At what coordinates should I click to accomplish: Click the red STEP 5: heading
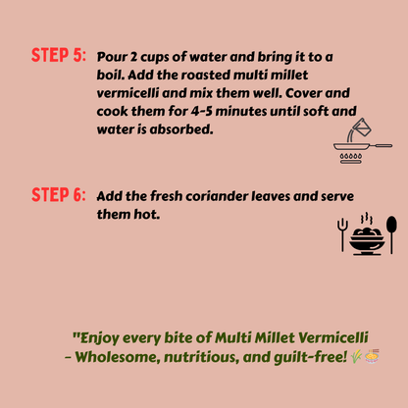[x=59, y=55]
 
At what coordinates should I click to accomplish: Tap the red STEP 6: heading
[x=59, y=195]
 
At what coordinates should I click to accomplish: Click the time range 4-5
[x=201, y=111]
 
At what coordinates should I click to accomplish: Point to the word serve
[x=337, y=196]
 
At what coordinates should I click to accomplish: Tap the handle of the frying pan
[x=381, y=145]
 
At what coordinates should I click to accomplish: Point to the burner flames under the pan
[x=351, y=157]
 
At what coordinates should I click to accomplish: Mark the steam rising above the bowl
[x=367, y=219]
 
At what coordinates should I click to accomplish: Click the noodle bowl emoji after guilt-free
[x=372, y=356]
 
